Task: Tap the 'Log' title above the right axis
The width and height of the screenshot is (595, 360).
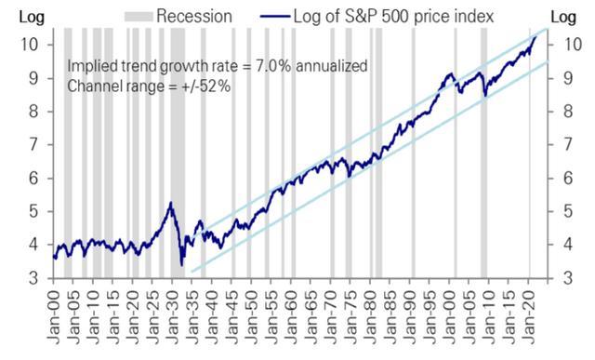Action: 565,15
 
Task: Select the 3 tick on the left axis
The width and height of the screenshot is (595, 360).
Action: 32,277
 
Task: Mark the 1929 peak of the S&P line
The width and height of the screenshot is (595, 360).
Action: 170,203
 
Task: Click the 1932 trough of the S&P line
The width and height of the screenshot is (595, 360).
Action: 181,265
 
